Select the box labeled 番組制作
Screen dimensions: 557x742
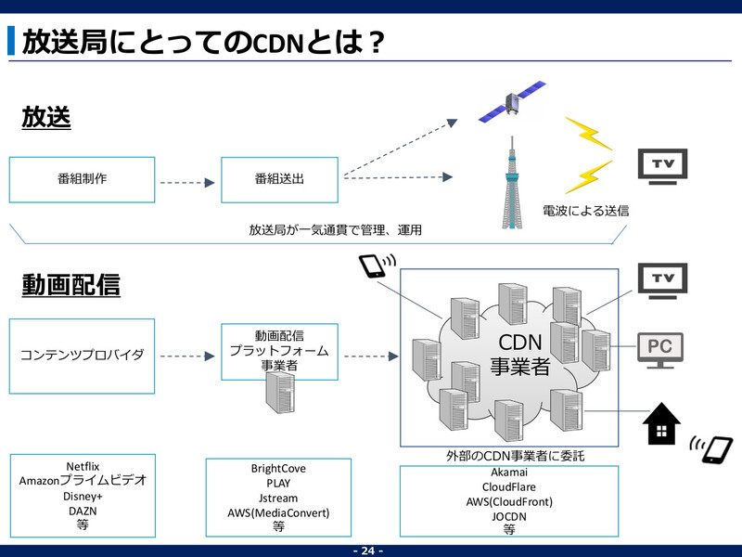coord(82,179)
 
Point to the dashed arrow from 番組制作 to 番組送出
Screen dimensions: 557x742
coord(187,183)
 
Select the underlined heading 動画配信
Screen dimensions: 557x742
coord(70,285)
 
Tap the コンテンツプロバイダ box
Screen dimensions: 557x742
coord(82,355)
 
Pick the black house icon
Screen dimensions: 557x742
coord(659,425)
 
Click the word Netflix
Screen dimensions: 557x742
coord(83,466)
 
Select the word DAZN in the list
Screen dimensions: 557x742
coord(83,511)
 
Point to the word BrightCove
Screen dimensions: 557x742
coord(278,470)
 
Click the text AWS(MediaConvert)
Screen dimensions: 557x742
coord(278,512)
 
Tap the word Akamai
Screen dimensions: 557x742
coord(508,472)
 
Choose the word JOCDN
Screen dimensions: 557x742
coord(508,516)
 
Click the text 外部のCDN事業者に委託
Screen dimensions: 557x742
coord(508,456)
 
